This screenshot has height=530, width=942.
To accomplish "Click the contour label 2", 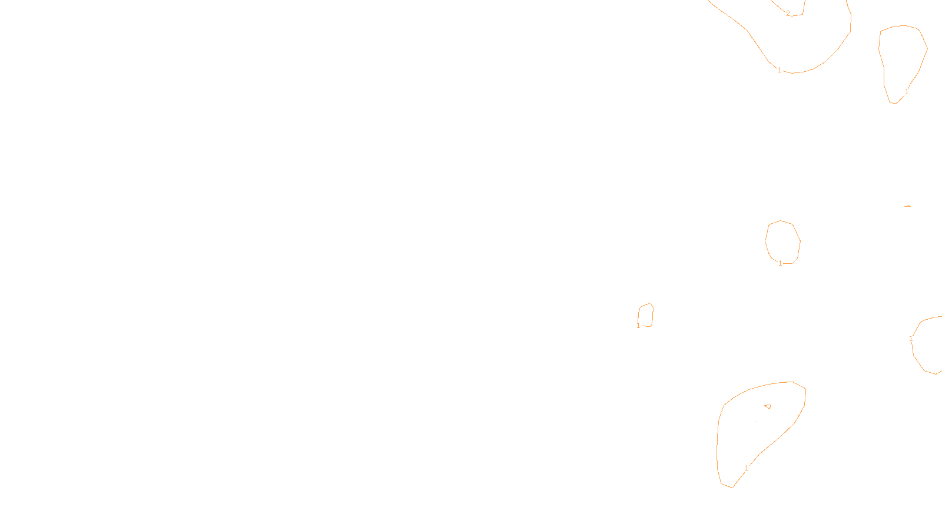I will tap(788, 14).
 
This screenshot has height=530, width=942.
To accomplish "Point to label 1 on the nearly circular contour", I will tap(781, 263).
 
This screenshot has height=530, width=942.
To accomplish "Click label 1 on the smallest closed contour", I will tap(638, 326).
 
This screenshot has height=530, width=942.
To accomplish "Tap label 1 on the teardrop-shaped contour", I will tap(907, 92).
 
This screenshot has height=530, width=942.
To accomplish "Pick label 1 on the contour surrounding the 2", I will tap(780, 70).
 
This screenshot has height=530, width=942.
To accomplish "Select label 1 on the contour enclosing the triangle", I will tap(747, 468).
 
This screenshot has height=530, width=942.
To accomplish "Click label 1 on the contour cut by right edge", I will tap(911, 339).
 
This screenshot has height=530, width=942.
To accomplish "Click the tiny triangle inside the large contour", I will tap(768, 406).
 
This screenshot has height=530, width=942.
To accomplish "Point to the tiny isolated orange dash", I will tap(907, 206).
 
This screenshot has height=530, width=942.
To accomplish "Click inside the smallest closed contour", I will tap(646, 315).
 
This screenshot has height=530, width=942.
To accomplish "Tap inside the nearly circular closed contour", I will tap(782, 241).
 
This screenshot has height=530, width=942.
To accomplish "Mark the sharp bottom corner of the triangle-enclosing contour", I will tap(732, 488).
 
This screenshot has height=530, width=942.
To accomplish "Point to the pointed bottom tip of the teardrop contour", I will tap(894, 103).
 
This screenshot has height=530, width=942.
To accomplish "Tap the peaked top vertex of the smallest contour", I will tap(650, 303).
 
